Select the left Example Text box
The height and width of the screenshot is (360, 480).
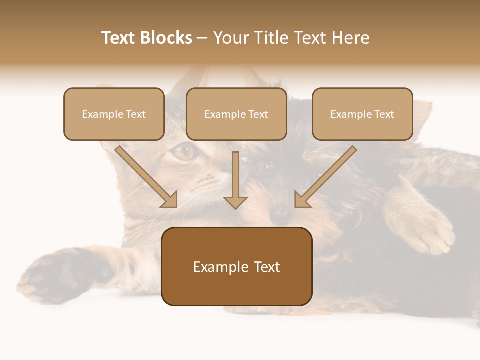click(114, 114)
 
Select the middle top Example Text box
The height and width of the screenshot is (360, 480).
click(236, 114)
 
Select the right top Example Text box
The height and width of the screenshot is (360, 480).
click(362, 114)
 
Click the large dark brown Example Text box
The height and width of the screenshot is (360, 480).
click(237, 267)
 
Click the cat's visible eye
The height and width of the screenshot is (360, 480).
click(184, 151)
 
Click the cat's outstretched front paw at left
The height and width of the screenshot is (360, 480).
click(47, 275)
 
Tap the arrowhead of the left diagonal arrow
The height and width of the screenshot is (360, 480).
click(170, 200)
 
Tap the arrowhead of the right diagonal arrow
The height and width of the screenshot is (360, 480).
click(302, 200)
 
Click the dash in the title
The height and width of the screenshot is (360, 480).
click(202, 38)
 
